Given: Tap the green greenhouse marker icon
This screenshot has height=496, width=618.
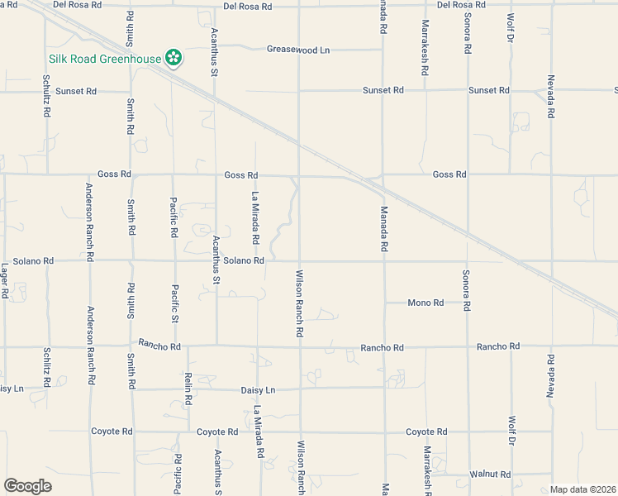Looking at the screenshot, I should (x=174, y=59).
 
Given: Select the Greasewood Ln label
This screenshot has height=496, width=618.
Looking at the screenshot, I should (x=297, y=50).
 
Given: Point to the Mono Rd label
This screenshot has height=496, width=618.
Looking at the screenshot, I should (x=425, y=303).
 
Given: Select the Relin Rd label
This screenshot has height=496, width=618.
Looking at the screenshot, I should (x=188, y=388).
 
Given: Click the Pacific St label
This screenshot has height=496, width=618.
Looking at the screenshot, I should (x=175, y=304).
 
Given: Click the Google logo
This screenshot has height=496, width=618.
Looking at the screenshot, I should (x=27, y=485).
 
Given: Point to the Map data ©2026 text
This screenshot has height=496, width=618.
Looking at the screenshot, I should (x=582, y=489).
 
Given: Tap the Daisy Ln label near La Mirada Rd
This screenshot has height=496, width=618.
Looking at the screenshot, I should (x=258, y=389).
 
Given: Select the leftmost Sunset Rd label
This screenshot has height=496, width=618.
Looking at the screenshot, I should (x=76, y=91).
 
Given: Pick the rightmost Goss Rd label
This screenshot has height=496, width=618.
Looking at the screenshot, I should (x=449, y=174).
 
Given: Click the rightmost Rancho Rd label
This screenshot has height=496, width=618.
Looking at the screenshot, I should (x=497, y=346).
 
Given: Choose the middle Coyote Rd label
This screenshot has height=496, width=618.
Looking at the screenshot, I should (x=217, y=432).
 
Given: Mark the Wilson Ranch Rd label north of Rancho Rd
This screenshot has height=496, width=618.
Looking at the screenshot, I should (x=300, y=303).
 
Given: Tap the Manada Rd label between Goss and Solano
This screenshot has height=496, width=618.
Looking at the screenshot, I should (x=383, y=229).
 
